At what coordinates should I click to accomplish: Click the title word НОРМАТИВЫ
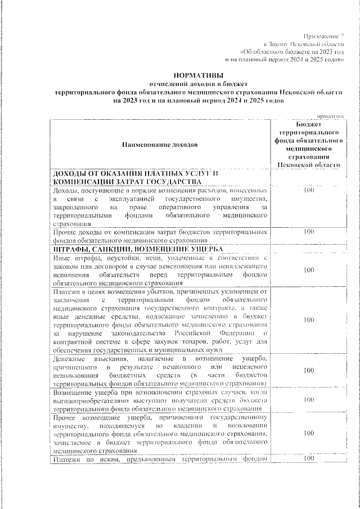point(198,74)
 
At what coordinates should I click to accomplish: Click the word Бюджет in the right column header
point(308,124)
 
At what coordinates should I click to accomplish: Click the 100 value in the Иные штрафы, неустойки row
point(308,270)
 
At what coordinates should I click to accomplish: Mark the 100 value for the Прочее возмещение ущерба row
point(308,433)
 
